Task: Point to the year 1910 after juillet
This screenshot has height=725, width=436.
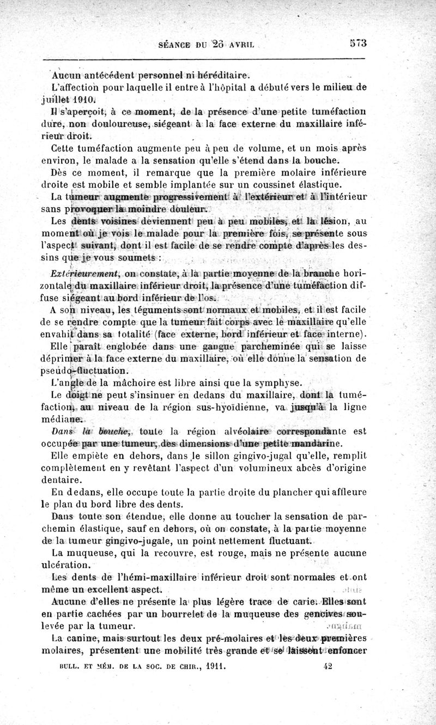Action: coord(86,100)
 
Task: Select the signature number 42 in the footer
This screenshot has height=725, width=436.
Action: coord(328,665)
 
